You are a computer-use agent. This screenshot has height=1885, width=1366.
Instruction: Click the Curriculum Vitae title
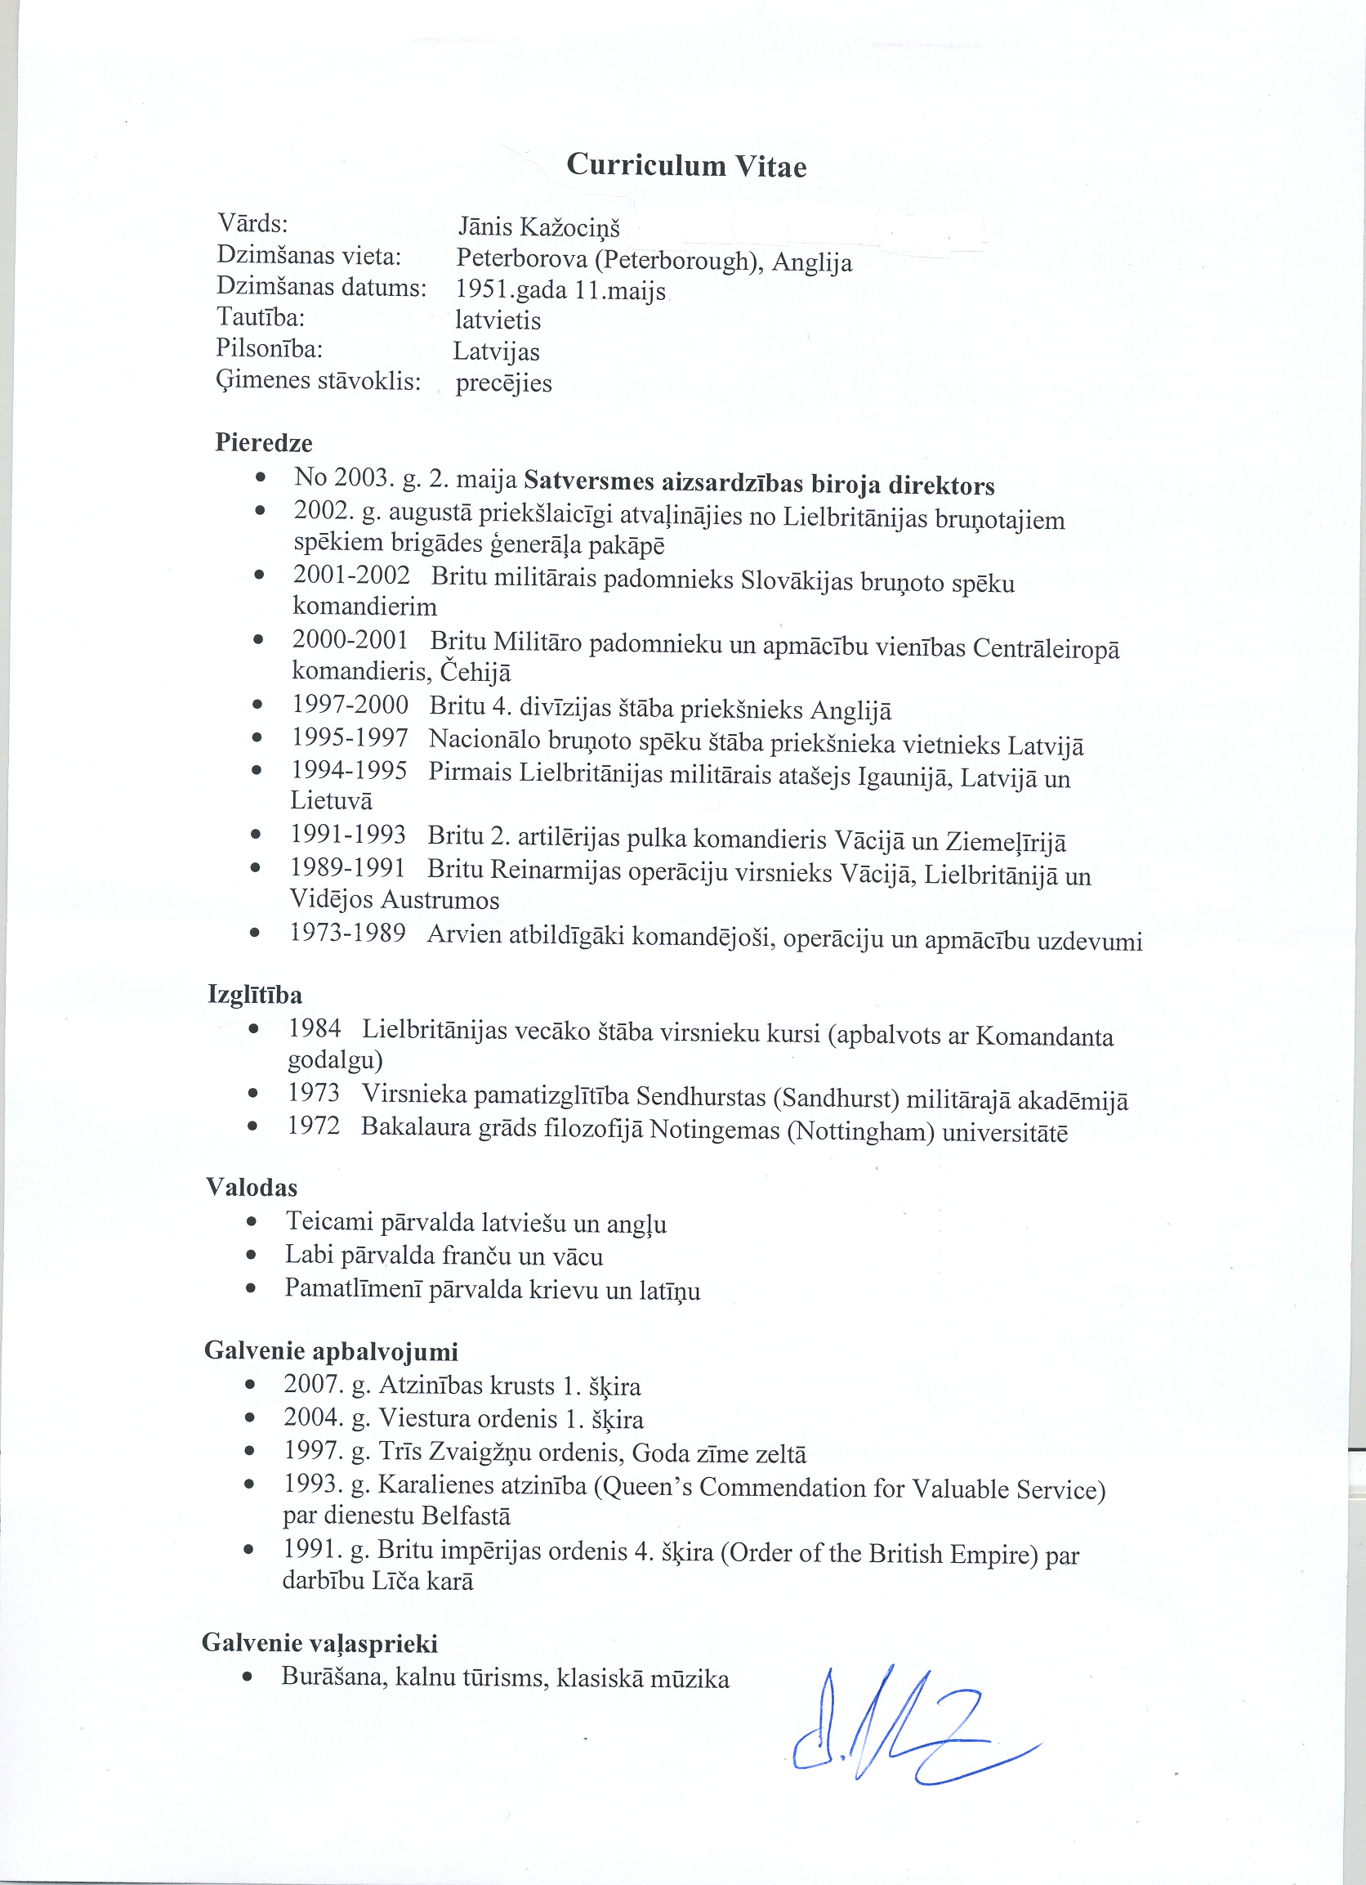685,165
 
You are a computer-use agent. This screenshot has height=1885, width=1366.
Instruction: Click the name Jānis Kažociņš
538,227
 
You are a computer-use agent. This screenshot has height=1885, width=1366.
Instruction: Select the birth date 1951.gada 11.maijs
560,290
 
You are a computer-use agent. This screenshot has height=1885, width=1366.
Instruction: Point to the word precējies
503,383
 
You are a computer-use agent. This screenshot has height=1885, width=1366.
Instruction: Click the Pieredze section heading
263,442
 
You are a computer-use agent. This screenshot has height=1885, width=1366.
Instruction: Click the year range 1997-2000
350,705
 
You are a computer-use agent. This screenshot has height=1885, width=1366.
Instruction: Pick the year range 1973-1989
347,934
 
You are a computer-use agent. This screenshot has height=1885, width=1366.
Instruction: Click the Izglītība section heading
255,994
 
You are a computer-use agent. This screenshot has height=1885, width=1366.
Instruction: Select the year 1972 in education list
313,1126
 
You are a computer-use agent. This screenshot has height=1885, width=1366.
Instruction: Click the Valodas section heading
251,1187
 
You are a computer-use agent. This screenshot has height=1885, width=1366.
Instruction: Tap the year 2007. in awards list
311,1386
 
